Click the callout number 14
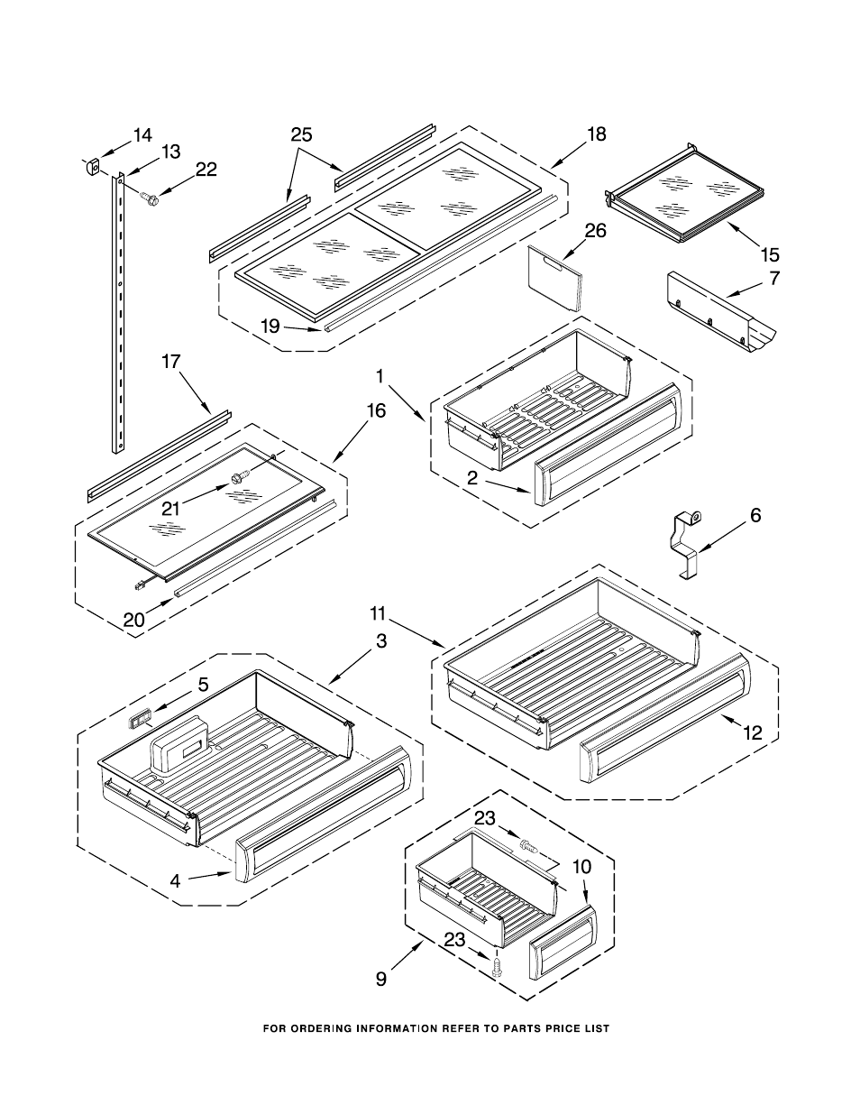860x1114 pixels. (143, 136)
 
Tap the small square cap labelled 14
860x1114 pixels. (92, 167)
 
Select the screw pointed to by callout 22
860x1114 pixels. (149, 198)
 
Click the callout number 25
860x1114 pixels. (302, 134)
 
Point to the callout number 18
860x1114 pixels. (596, 134)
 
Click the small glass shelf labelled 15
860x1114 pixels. (685, 194)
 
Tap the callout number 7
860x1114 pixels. (774, 279)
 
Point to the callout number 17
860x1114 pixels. (171, 362)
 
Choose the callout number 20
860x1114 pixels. (134, 621)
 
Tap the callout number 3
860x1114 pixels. (381, 640)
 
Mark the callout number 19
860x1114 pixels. (270, 327)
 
